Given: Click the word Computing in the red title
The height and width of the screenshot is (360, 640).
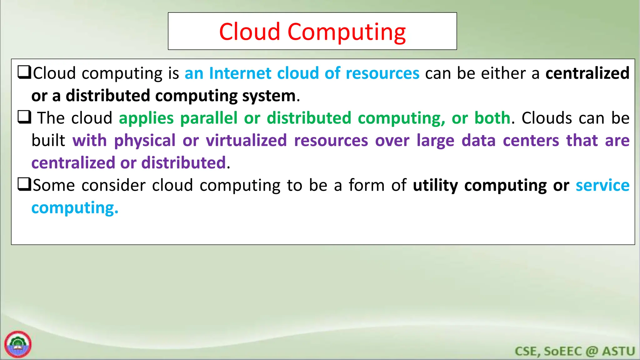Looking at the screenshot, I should click(346, 32).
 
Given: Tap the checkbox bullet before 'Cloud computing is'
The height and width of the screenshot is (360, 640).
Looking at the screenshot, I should click(24, 72).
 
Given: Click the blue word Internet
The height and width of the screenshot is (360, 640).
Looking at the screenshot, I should click(240, 73).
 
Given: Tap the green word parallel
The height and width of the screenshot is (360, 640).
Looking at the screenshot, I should click(209, 118).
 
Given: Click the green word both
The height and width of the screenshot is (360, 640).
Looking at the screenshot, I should click(492, 118).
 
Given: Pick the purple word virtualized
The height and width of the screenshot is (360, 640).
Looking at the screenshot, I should click(246, 140).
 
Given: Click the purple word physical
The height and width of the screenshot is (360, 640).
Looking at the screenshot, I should click(145, 141).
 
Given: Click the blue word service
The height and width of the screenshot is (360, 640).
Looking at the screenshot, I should click(602, 185).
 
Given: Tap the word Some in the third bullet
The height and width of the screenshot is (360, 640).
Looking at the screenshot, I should click(54, 185).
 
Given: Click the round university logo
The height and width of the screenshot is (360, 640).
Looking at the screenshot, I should click(18, 344).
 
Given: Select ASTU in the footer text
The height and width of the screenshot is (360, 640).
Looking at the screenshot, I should click(618, 351).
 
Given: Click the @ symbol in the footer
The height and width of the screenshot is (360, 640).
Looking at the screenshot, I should click(592, 351).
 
